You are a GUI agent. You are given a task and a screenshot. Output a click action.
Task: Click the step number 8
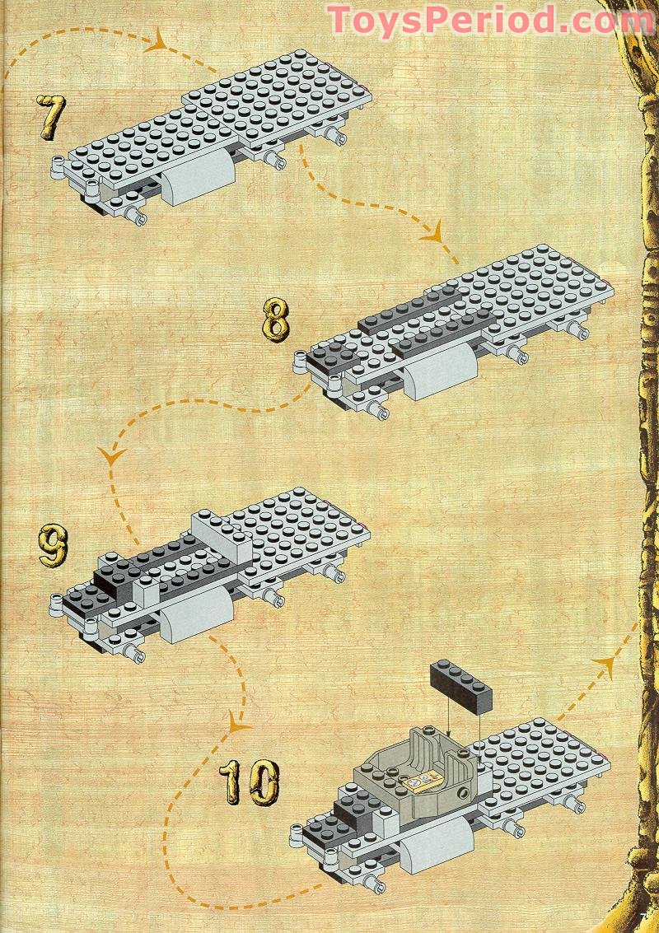point(275,320)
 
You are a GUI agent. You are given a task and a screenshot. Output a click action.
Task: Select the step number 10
point(249,782)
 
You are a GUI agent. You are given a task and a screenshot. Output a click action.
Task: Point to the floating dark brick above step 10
point(460,685)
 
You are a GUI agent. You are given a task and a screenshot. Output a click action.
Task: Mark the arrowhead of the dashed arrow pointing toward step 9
point(110,455)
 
